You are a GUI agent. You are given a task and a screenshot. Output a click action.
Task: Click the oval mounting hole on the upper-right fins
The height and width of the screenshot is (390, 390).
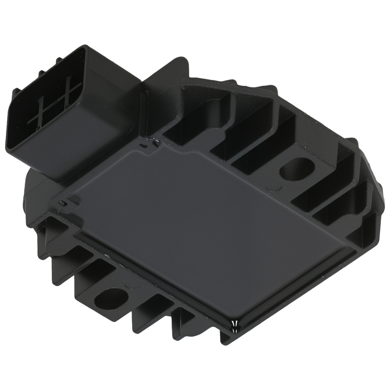pos(297,169)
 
